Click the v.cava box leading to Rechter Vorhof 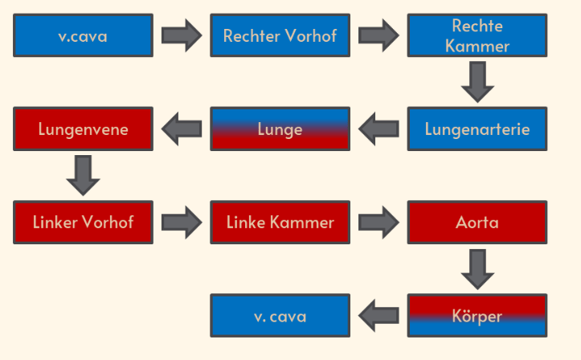(83, 35)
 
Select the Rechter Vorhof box (280, 35)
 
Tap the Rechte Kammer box (477, 35)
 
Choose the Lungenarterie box (477, 129)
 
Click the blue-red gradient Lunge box (280, 129)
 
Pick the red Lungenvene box (83, 129)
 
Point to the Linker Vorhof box (83, 223)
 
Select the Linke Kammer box (280, 223)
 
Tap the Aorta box (477, 223)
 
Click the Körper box (477, 316)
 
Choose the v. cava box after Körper (280, 316)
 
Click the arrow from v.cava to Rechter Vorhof (182, 35)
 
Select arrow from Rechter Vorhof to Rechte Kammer (378, 35)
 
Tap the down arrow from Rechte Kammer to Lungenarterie (477, 82)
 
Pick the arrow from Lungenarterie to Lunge (378, 129)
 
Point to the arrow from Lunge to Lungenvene (182, 129)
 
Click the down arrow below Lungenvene (83, 175)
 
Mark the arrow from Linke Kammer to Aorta (378, 223)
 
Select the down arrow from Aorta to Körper (477, 269)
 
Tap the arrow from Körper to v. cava (378, 316)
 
